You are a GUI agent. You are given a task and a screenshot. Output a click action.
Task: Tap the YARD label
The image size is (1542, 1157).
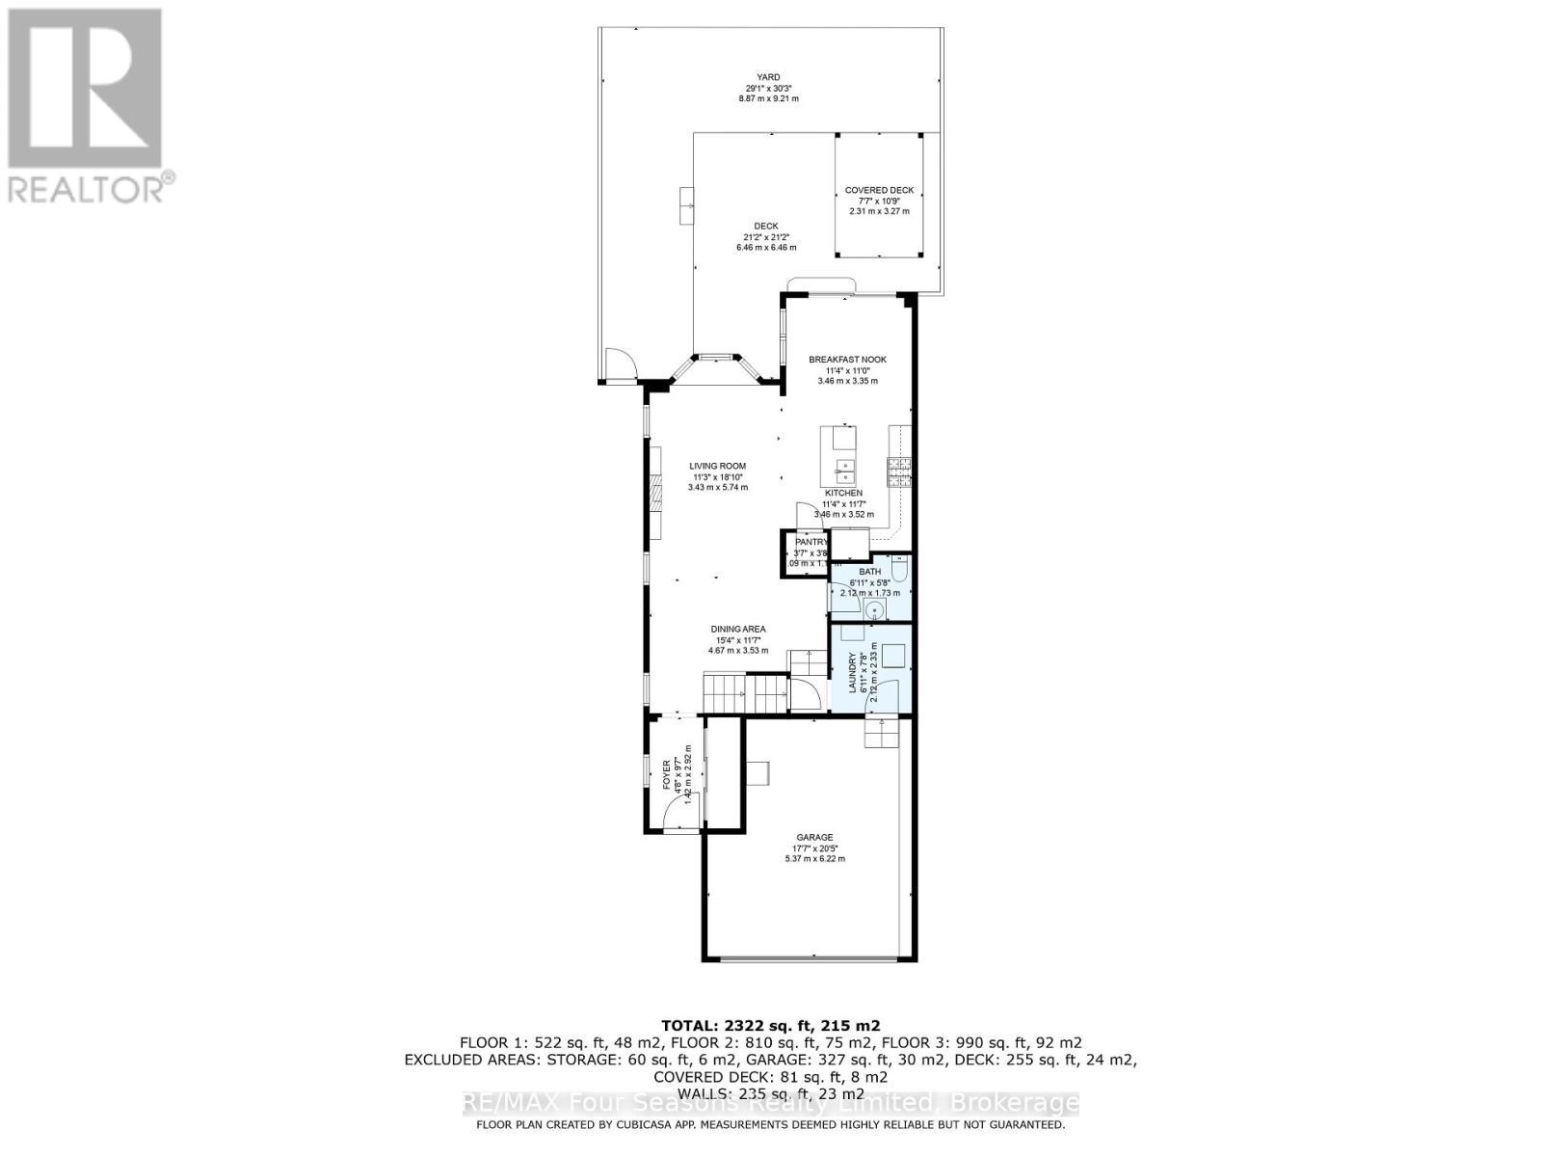tap(768, 77)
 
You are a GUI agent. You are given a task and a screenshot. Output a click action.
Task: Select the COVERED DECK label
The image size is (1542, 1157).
tap(879, 190)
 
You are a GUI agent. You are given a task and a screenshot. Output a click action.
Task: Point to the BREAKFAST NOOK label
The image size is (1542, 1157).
tap(847, 360)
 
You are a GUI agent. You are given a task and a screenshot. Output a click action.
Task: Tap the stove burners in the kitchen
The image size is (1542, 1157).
tap(899, 471)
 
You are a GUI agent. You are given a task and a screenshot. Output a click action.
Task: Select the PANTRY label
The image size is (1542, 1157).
tap(811, 542)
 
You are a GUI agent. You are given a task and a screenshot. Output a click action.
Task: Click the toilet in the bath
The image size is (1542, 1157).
tap(898, 572)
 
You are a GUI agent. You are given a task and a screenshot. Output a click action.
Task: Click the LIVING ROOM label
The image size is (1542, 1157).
tap(718, 466)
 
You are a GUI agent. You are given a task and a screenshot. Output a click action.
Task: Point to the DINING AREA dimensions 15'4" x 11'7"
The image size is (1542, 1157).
tap(739, 640)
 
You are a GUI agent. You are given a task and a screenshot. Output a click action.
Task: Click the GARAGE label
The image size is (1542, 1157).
tap(814, 837)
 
